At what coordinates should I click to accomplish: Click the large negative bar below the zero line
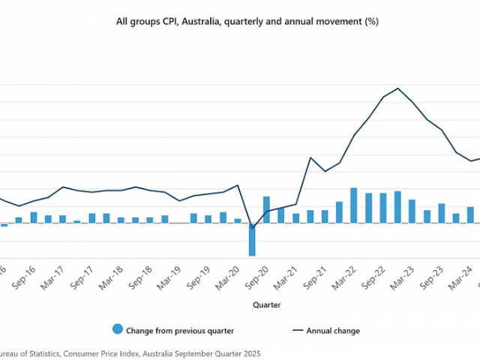tap(252, 239)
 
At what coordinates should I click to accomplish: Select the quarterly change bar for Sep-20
tap(266, 210)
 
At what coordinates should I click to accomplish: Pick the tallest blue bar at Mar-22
tap(354, 205)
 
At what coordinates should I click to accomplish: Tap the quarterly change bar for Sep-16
tap(34, 217)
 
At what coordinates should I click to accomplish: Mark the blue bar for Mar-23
tap(412, 211)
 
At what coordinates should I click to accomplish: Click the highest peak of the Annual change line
tap(398, 88)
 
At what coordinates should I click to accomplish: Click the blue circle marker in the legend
tap(117, 330)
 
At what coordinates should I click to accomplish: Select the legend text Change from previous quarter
tap(180, 331)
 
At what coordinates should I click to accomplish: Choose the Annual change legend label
tap(333, 331)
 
